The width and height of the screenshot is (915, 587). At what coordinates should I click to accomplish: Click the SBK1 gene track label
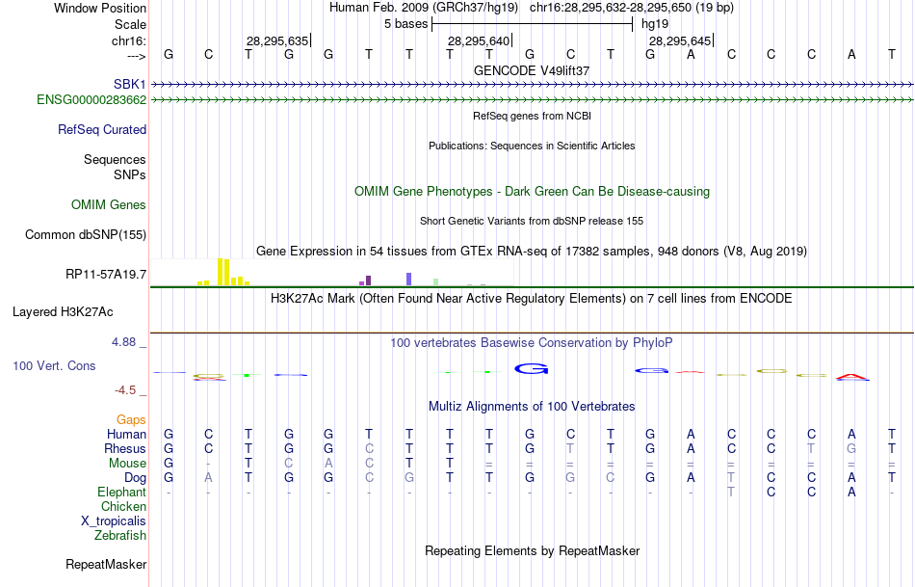(x=129, y=84)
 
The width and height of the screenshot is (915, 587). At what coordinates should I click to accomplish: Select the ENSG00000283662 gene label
(x=91, y=99)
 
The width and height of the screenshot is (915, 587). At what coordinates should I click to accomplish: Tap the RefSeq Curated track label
(x=102, y=129)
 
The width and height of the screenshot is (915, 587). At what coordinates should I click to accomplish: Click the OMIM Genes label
(x=109, y=204)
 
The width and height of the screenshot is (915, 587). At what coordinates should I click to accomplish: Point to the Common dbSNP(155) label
(x=86, y=234)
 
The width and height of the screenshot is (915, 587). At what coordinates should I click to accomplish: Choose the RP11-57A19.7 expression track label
(x=106, y=275)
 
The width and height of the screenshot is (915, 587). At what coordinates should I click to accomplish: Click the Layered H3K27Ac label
(x=63, y=311)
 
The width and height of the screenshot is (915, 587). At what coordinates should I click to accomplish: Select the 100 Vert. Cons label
(x=54, y=366)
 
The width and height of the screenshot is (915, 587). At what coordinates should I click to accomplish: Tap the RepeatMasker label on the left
(x=106, y=564)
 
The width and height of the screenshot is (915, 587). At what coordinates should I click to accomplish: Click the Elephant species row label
(x=121, y=492)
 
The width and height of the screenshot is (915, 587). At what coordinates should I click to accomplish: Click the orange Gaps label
(x=131, y=419)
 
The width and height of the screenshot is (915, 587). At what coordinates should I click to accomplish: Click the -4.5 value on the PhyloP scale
(x=128, y=390)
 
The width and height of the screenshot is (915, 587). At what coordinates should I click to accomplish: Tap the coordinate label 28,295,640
(x=478, y=40)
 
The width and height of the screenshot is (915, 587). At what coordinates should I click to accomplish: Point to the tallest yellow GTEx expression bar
(x=222, y=272)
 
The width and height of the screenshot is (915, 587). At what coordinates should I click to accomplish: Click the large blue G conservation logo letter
(x=532, y=367)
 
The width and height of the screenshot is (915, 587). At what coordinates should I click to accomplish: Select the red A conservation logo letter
(x=852, y=376)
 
